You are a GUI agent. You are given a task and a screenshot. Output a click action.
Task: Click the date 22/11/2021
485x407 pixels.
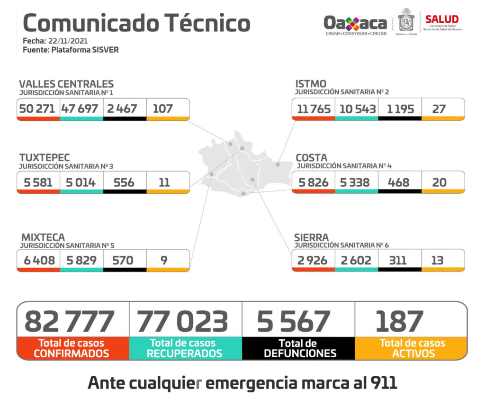(x=68, y=41)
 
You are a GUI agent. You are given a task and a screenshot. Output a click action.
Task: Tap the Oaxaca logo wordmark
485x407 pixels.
(x=355, y=22)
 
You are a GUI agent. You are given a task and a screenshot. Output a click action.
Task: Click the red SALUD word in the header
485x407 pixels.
(x=441, y=19)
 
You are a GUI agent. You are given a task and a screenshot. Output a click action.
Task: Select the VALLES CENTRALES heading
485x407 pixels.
(x=66, y=84)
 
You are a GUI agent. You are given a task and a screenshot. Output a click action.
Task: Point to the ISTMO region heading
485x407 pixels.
(x=311, y=84)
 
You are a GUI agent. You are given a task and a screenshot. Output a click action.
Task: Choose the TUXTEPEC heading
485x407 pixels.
(x=45, y=158)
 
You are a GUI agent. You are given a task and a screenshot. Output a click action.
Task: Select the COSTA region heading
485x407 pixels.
(x=311, y=158)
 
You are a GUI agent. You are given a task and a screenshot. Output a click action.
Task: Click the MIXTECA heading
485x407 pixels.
(x=43, y=237)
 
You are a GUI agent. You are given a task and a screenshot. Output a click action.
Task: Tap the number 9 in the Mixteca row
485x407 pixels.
(x=164, y=260)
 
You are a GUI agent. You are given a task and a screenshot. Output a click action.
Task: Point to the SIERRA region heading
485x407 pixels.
(x=311, y=237)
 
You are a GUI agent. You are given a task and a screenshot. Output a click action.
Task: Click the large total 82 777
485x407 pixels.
(x=69, y=321)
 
